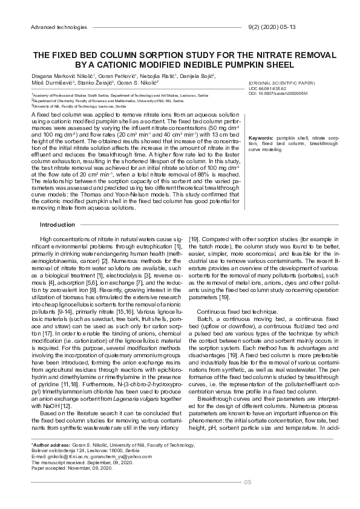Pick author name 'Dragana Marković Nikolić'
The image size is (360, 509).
pyautogui.click(x=58, y=76)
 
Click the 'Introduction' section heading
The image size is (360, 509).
pyautogui.click(x=57, y=225)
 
